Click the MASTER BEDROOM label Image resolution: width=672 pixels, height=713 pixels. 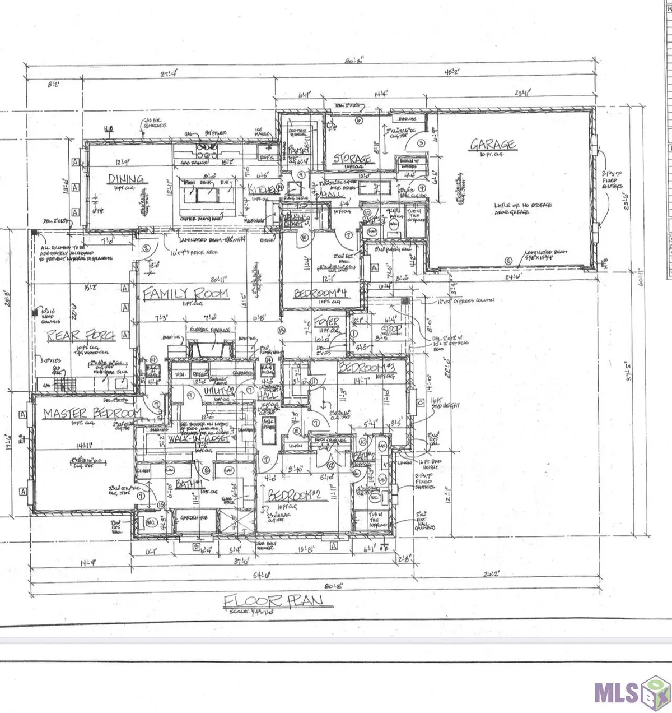[92, 413]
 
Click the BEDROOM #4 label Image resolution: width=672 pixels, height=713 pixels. [323, 294]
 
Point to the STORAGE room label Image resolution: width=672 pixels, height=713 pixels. [352, 159]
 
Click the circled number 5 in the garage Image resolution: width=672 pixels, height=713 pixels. [508, 261]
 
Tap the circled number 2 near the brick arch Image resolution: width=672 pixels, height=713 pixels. [146, 248]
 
